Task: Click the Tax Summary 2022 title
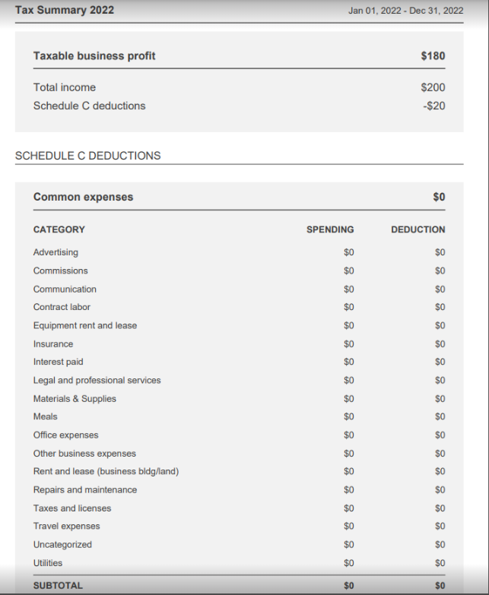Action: [x=65, y=10]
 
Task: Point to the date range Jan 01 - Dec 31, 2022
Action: [x=405, y=11]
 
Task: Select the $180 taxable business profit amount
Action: [x=433, y=55]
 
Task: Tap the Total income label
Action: [x=65, y=87]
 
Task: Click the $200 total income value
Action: [x=433, y=87]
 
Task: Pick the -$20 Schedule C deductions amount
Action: [x=433, y=106]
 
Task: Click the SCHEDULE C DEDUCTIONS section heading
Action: [x=87, y=155]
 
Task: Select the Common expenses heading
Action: [x=83, y=197]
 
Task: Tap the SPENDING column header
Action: [x=330, y=229]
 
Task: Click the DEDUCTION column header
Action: [x=418, y=229]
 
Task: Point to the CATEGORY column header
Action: [x=59, y=229]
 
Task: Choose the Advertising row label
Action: [x=56, y=252]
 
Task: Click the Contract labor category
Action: [x=62, y=307]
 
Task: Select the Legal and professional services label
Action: [x=97, y=380]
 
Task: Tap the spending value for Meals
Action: [x=349, y=416]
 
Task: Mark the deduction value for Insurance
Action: [x=440, y=343]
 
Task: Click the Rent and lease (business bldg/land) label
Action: [x=106, y=471]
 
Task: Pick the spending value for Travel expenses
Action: [x=349, y=526]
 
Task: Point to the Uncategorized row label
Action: [x=62, y=544]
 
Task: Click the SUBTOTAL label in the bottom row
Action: [x=58, y=586]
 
